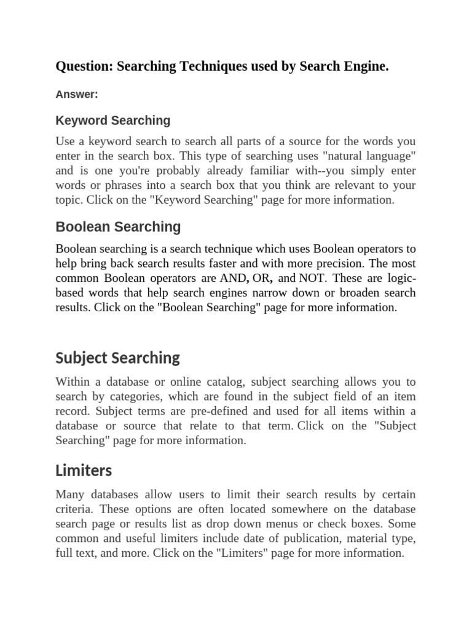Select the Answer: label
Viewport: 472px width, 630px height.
coord(77,94)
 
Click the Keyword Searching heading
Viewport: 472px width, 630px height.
coord(113,120)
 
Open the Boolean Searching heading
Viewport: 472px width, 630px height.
coord(118,227)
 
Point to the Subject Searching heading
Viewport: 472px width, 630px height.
coord(117,358)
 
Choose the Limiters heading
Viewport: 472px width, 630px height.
coord(84,471)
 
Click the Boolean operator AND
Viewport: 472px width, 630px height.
coord(233,278)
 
